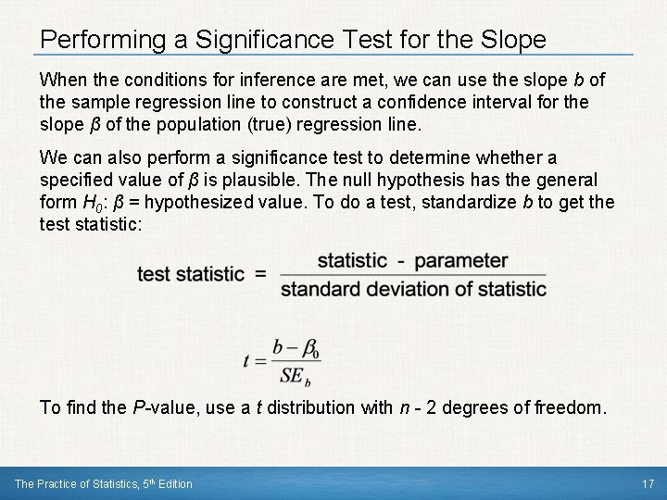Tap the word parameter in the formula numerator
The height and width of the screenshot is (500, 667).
(460, 261)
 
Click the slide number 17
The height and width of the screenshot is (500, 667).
(648, 483)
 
